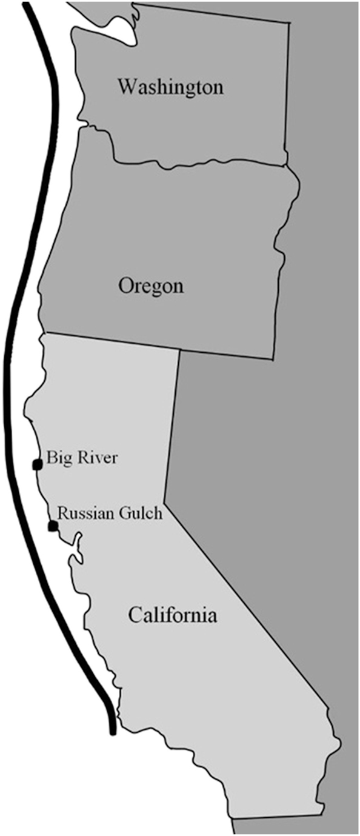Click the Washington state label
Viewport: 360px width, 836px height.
[170, 87]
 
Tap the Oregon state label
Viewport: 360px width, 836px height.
[151, 285]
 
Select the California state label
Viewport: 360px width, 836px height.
[172, 617]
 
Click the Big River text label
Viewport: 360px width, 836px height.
[82, 458]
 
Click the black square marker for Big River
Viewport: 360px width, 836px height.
[37, 464]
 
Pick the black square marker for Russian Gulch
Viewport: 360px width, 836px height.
[53, 526]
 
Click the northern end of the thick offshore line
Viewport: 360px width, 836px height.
[26, 5]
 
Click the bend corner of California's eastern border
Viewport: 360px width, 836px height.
[165, 502]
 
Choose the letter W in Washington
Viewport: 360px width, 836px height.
[127, 87]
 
